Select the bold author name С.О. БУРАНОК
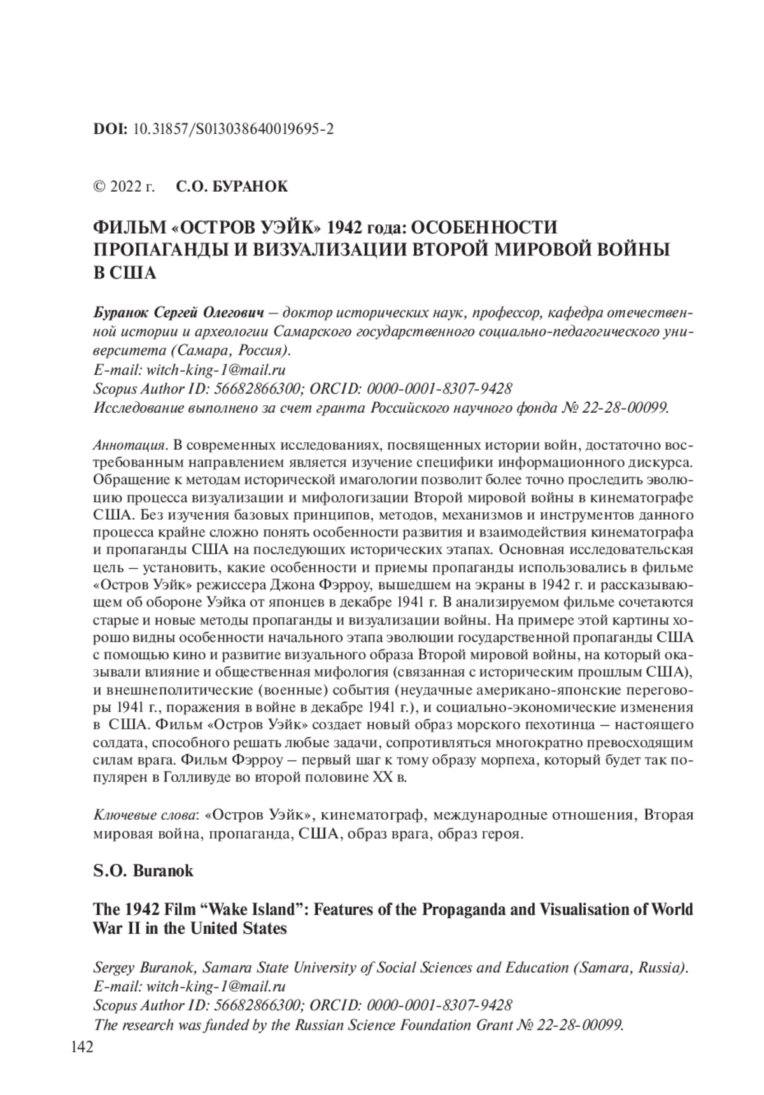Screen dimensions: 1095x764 point(231,187)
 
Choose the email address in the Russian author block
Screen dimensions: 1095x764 point(216,370)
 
